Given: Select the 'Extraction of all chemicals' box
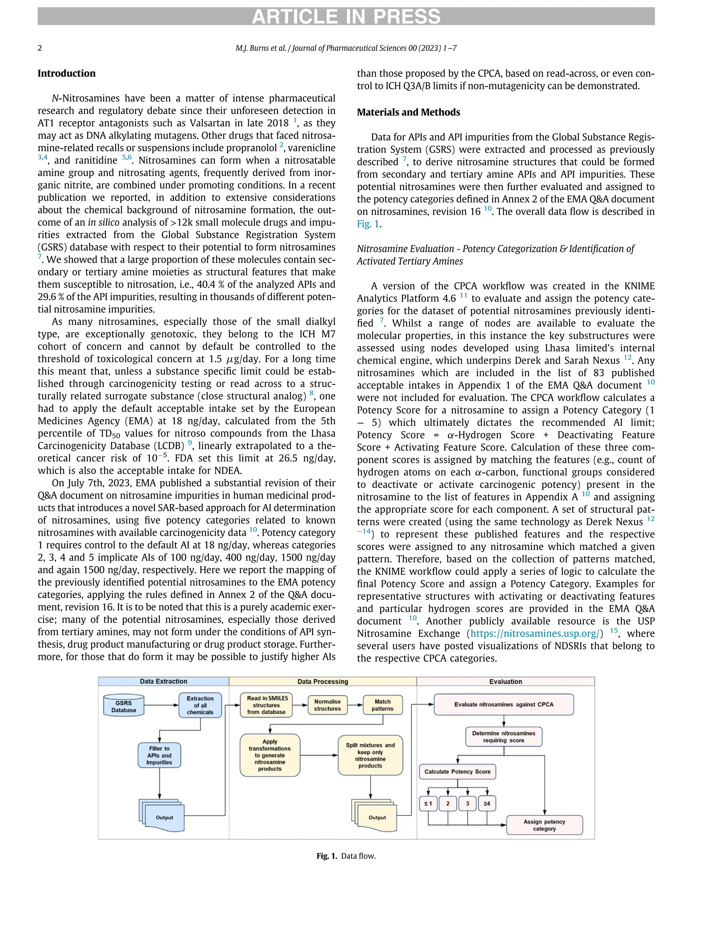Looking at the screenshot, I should pos(200,705).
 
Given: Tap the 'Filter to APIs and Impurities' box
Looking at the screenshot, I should pos(159,755).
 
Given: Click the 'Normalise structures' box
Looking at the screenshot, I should pos(327,705).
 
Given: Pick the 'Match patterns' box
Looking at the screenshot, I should pos(382,705).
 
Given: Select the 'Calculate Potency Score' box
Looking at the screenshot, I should pos(457,771).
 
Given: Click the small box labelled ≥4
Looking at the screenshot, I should pos(486,803).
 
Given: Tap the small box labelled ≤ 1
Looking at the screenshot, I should pos(428,803).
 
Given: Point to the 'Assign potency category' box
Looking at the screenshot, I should pos(544,825).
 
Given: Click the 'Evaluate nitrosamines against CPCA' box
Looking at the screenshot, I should pos(503,704).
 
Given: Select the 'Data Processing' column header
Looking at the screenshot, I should pos(323,681).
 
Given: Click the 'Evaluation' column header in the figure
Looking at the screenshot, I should pos(505,681).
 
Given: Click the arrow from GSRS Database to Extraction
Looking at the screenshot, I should pos(161,705).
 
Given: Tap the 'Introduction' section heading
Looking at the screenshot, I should pos(66,74).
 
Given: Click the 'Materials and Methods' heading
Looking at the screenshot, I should pos(408,112).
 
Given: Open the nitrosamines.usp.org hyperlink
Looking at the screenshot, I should pos(534,633).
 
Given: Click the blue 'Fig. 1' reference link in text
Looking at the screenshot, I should pos(368,224).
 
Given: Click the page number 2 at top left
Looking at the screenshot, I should pos(40,48).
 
